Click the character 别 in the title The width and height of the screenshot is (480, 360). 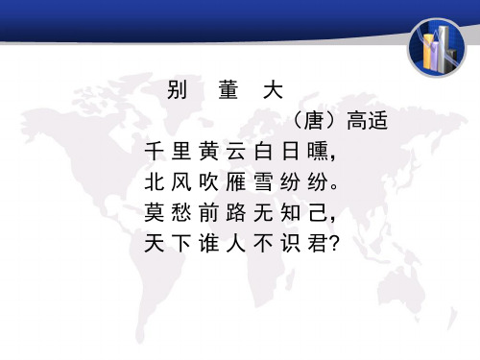pyautogui.click(x=177, y=92)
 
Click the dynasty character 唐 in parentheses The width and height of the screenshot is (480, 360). pyautogui.click(x=309, y=123)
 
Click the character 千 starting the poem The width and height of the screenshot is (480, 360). pyautogui.click(x=152, y=154)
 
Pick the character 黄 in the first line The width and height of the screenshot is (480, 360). pyautogui.click(x=209, y=154)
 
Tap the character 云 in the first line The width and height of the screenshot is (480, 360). pyautogui.click(x=237, y=154)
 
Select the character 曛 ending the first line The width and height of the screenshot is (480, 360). pyautogui.click(x=324, y=154)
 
